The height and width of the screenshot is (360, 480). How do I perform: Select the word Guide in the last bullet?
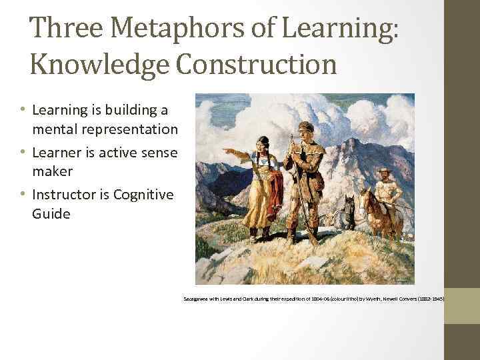click(x=51, y=215)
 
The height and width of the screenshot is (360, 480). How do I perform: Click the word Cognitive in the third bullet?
click(x=143, y=195)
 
